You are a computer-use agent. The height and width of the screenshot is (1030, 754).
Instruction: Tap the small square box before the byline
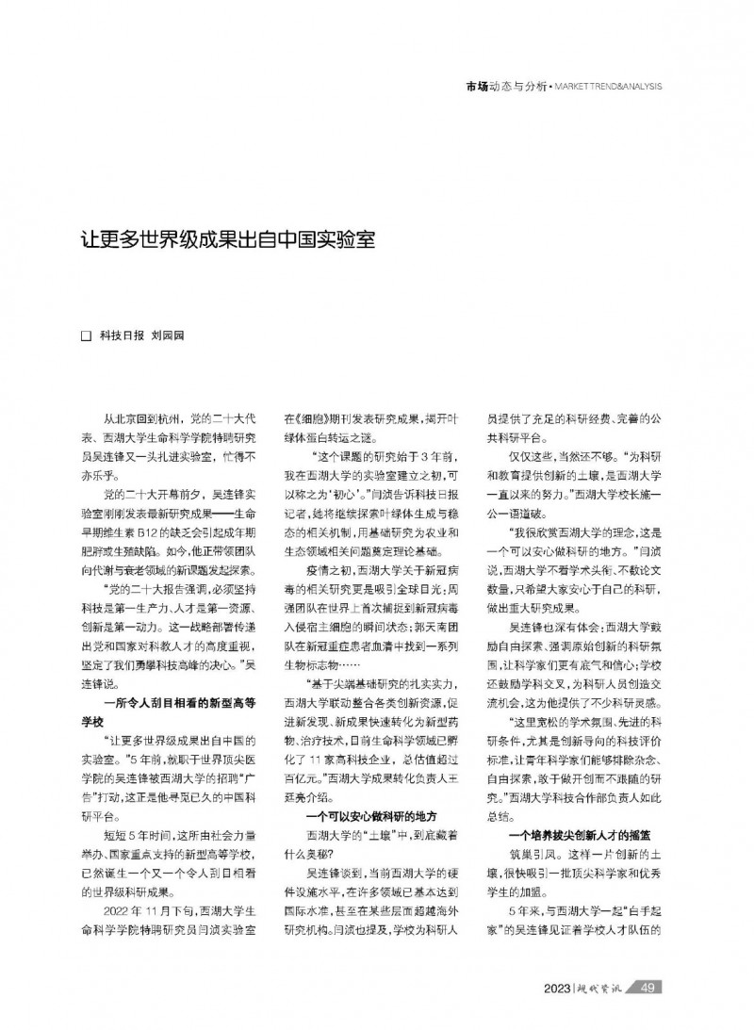tap(86, 335)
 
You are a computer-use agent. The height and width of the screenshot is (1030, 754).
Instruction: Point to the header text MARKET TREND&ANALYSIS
tap(608, 86)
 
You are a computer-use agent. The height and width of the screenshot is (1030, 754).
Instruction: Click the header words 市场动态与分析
tap(506, 86)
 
